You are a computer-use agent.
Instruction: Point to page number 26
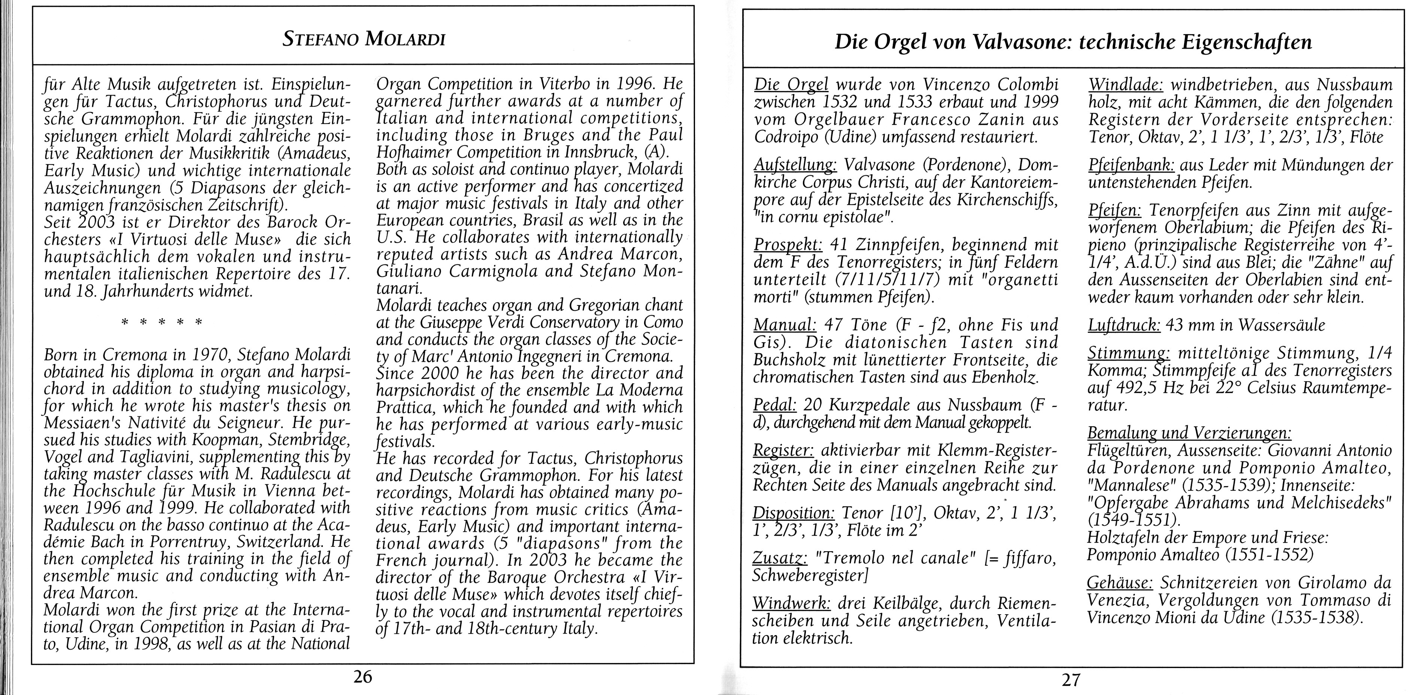363,677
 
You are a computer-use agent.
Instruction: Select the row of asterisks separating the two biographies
161,322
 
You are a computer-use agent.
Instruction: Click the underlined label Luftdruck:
1125,325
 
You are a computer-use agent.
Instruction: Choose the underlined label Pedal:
774,405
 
